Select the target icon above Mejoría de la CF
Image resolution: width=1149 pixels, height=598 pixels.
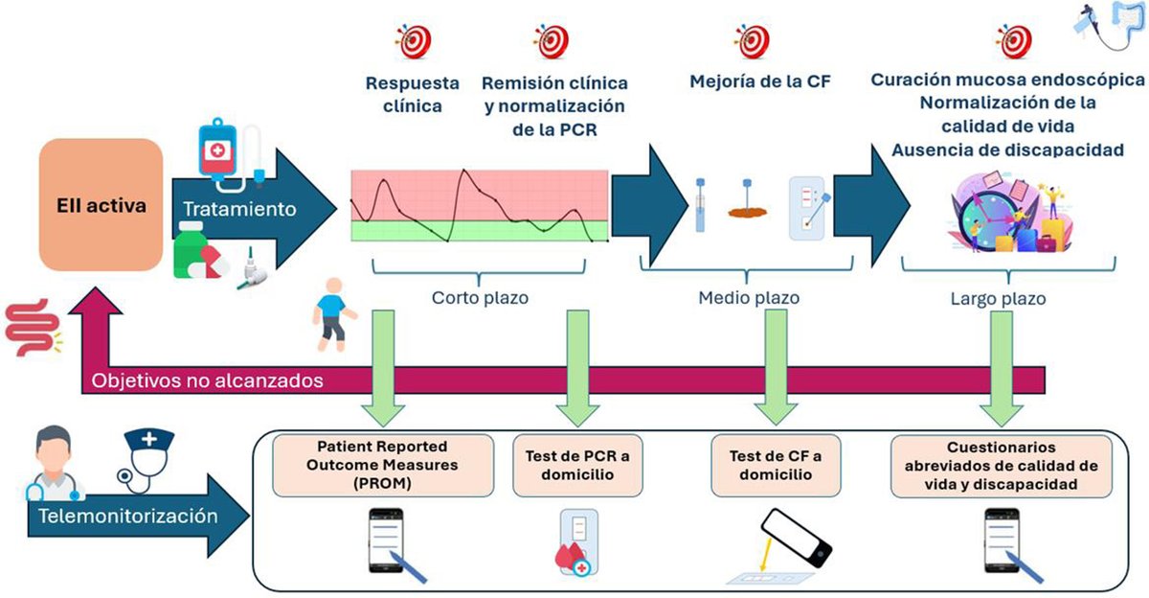pyautogui.click(x=752, y=41)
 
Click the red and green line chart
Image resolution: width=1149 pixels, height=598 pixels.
pyautogui.click(x=479, y=205)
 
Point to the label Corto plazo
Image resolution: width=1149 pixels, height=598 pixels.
pyautogui.click(x=481, y=298)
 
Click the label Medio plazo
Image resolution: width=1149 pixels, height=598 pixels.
pyautogui.click(x=749, y=298)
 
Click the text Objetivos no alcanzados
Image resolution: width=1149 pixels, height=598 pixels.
pyautogui.click(x=206, y=379)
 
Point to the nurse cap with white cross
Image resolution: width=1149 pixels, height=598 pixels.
pyautogui.click(x=149, y=444)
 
